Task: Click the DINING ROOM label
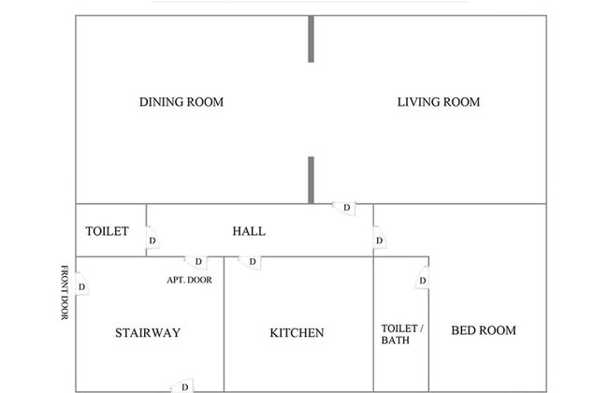tap(181, 102)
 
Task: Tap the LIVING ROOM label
tap(439, 102)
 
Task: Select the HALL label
tap(249, 231)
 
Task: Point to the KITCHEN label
tap(297, 332)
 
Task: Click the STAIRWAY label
tap(148, 332)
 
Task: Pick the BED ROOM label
tap(484, 330)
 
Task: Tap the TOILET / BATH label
tap(402, 334)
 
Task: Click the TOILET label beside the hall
tap(107, 231)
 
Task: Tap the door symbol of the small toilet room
tap(152, 242)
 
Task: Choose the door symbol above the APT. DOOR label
tap(197, 262)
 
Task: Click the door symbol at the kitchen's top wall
tap(251, 262)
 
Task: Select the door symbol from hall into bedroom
tap(379, 242)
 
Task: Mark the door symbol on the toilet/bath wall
tap(422, 281)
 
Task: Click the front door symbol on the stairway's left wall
tap(82, 286)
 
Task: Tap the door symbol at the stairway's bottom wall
tap(183, 386)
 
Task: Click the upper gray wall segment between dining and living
tap(311, 38)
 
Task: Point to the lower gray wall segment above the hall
tap(311, 180)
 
